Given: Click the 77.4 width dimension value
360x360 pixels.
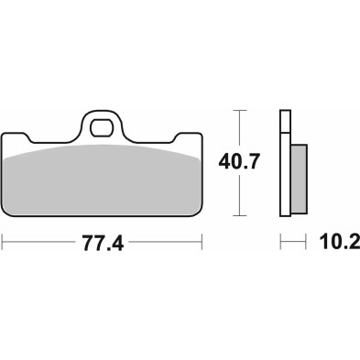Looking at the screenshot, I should click(102, 245).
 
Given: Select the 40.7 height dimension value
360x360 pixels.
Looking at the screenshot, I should click(241, 161).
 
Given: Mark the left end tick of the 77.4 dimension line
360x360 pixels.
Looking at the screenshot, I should click(3, 245).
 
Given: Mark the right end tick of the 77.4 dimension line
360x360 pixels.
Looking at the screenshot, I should click(202, 245).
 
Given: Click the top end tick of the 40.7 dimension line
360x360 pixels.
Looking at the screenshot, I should click(241, 111).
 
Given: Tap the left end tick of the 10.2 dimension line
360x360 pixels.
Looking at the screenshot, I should click(280, 245).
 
